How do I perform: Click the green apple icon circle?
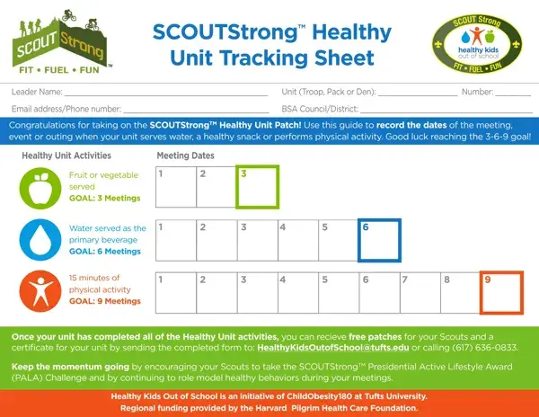(40, 188)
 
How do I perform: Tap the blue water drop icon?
(40, 240)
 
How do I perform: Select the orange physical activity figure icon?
(40, 291)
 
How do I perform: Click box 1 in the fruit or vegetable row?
(176, 187)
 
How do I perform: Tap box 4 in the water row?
(298, 240)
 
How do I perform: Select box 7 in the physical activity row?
(420, 293)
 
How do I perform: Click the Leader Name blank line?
(166, 95)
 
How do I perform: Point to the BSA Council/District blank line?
(446, 112)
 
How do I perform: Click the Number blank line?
(513, 95)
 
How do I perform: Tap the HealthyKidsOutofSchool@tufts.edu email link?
(333, 348)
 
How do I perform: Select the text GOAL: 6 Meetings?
(105, 252)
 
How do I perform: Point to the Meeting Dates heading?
(185, 155)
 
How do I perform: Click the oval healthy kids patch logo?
(477, 44)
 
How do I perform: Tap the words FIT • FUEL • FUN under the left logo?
(59, 70)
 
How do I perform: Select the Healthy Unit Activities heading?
(66, 155)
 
